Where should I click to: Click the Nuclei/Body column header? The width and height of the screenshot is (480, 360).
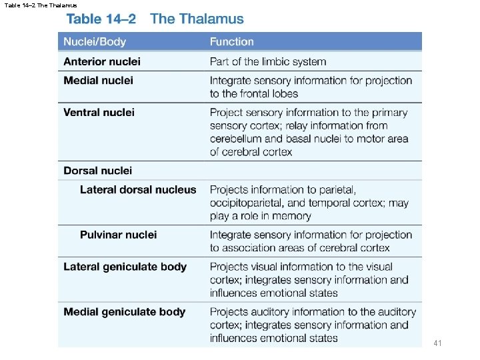(x=95, y=42)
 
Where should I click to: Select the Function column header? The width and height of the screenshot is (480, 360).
(x=231, y=42)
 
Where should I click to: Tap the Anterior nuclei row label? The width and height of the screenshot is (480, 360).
(x=102, y=61)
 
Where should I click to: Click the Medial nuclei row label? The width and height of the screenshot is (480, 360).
(x=98, y=81)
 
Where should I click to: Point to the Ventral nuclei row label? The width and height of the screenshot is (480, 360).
(x=99, y=113)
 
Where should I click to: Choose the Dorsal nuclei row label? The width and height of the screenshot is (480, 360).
(x=97, y=171)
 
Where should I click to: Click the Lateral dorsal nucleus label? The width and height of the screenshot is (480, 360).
(x=138, y=190)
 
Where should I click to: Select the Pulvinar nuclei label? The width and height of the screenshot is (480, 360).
(x=118, y=235)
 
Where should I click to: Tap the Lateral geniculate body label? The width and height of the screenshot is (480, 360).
(x=125, y=267)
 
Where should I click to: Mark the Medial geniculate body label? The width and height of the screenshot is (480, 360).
(x=124, y=312)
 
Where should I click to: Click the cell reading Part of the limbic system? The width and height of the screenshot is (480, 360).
(x=268, y=61)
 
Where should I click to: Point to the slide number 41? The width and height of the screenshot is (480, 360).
(x=437, y=343)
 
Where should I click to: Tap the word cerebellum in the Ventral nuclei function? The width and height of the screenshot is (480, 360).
(x=238, y=139)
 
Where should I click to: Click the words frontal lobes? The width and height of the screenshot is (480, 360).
(x=265, y=93)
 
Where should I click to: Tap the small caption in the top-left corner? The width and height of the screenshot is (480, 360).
(x=40, y=5)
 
